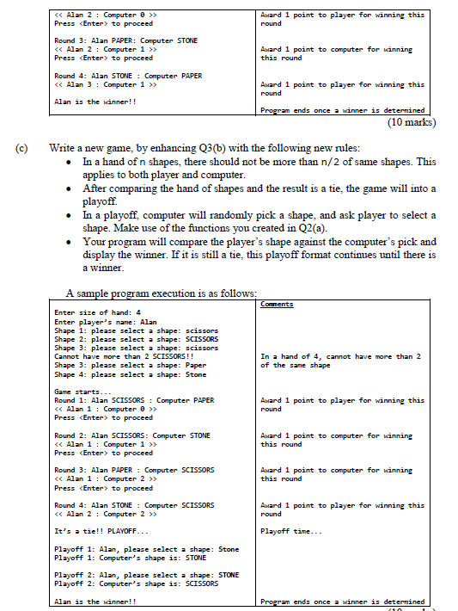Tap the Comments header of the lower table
tap(277, 304)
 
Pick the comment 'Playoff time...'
tap(291, 531)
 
